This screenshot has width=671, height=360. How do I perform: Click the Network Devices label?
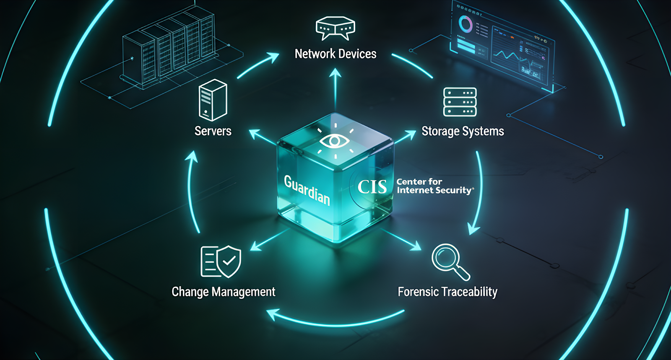pyautogui.click(x=335, y=54)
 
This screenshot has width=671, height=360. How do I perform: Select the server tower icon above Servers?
pyautogui.click(x=213, y=100)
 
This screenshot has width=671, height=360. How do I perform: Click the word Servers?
pyautogui.click(x=213, y=131)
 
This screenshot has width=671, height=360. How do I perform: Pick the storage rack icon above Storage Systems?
pyautogui.click(x=460, y=102)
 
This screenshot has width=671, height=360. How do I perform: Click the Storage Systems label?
pyautogui.click(x=463, y=132)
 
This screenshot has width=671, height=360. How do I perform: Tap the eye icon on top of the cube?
pyautogui.click(x=334, y=141)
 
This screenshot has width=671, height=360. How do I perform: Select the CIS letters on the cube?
pyautogui.click(x=372, y=187)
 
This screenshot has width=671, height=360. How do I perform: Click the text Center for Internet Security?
pyautogui.click(x=434, y=186)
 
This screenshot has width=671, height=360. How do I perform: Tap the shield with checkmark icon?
pyautogui.click(x=229, y=262)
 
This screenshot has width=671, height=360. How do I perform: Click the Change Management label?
pyautogui.click(x=224, y=292)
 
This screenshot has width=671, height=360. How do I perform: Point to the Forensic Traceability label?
pyautogui.click(x=447, y=292)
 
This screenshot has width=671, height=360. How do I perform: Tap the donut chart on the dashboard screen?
pyautogui.click(x=465, y=24)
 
